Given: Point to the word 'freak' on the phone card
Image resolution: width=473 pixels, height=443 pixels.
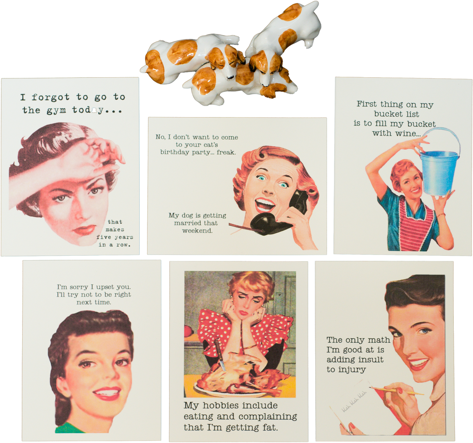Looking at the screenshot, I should (226, 152).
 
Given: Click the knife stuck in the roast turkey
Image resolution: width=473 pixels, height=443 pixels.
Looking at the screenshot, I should (219, 355).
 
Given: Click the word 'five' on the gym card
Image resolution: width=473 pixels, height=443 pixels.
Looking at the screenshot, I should (103, 237).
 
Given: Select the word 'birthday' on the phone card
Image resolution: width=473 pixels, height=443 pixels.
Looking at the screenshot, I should (174, 152).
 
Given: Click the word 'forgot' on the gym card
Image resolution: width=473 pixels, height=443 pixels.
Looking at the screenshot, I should (50, 98).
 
